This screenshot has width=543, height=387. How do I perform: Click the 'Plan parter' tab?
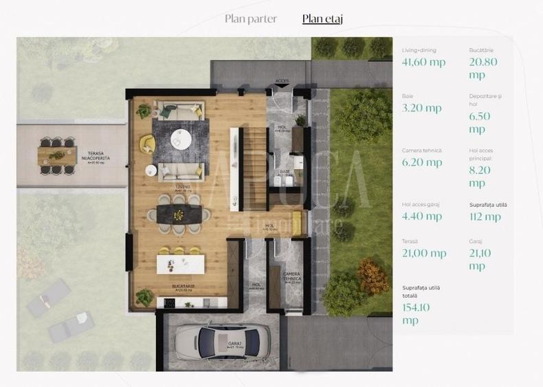251,19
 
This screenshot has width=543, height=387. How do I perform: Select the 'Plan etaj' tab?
322,19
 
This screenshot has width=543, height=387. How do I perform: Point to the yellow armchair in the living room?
147,143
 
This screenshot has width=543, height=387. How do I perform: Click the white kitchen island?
180,264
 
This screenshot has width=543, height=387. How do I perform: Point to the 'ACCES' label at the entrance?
282,81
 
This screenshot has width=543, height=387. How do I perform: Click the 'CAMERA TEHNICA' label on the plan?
291,276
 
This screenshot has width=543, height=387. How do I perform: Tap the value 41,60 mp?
423,63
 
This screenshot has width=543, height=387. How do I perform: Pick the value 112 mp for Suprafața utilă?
485,217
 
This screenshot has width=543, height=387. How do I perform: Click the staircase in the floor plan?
256,168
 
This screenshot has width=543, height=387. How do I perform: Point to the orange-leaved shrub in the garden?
373,276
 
